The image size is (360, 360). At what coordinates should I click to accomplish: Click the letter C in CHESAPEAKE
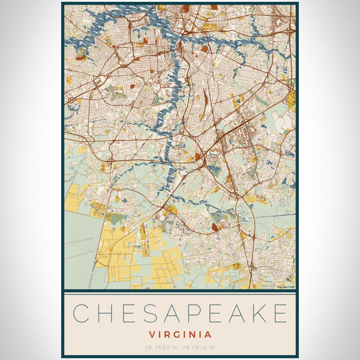click(x=81, y=314)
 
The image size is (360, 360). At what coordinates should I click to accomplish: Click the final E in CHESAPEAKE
click(x=280, y=314)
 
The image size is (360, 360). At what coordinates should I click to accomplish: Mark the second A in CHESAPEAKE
click(x=235, y=314)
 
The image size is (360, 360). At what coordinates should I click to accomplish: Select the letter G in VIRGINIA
click(x=176, y=334)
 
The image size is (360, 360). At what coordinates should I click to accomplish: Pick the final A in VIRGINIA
click(x=208, y=334)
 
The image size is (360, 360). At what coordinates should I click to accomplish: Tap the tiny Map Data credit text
click(x=286, y=287)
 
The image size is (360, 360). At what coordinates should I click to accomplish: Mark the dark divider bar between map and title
click(x=180, y=291)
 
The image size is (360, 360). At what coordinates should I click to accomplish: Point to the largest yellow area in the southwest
click(x=117, y=243)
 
